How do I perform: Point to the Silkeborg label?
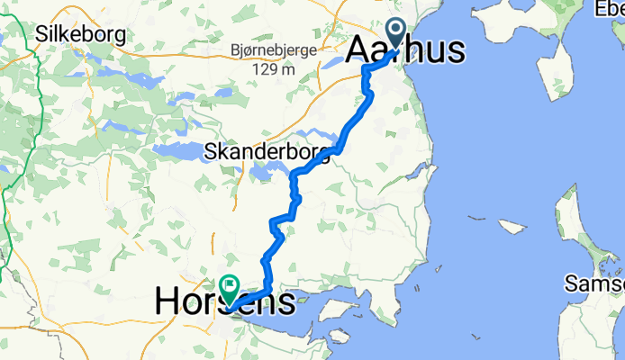click(x=79, y=35)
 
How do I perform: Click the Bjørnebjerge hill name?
click(x=273, y=50)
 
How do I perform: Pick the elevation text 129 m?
click(x=273, y=69)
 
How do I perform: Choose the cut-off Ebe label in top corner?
click(x=609, y=9)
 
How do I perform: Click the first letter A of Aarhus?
click(x=358, y=49)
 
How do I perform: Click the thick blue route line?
click(x=351, y=126)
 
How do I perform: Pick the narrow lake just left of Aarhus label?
click(x=333, y=63)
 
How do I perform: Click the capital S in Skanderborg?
click(x=211, y=151)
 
